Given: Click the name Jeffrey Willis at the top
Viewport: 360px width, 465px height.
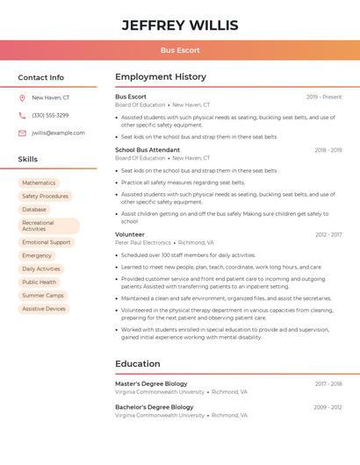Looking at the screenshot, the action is (180, 25).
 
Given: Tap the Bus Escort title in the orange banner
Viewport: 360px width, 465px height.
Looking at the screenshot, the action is (180, 50).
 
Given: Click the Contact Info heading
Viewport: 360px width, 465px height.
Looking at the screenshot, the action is (40, 77).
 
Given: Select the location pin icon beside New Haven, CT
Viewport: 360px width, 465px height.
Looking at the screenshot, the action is (22, 97).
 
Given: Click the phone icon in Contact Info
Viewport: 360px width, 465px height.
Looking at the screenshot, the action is (22, 115).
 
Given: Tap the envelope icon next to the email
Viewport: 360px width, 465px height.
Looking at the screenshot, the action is (22, 132).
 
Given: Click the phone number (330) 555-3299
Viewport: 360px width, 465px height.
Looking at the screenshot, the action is (50, 115).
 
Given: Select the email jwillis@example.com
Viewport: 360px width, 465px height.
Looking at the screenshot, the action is (58, 132).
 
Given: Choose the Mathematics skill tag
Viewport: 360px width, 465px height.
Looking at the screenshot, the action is (39, 182).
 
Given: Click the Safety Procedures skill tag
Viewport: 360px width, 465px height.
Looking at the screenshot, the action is (45, 197).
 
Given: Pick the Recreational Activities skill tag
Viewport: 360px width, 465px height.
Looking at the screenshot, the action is (48, 225).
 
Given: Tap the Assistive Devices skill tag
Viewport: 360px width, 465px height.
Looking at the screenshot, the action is (44, 309).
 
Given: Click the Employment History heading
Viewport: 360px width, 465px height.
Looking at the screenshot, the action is (161, 77).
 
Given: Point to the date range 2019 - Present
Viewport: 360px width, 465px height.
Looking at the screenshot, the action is (324, 97).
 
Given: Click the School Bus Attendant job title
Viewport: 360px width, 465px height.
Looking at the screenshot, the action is (148, 150).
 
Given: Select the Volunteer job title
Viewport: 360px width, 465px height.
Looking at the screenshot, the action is (130, 234).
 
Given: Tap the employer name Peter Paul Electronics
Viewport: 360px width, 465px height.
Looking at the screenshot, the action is (143, 242).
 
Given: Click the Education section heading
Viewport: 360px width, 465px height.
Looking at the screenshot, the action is (138, 363).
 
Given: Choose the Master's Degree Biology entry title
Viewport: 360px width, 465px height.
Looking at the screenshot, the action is (151, 383).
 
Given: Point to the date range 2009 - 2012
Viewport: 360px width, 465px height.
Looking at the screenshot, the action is (328, 407).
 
